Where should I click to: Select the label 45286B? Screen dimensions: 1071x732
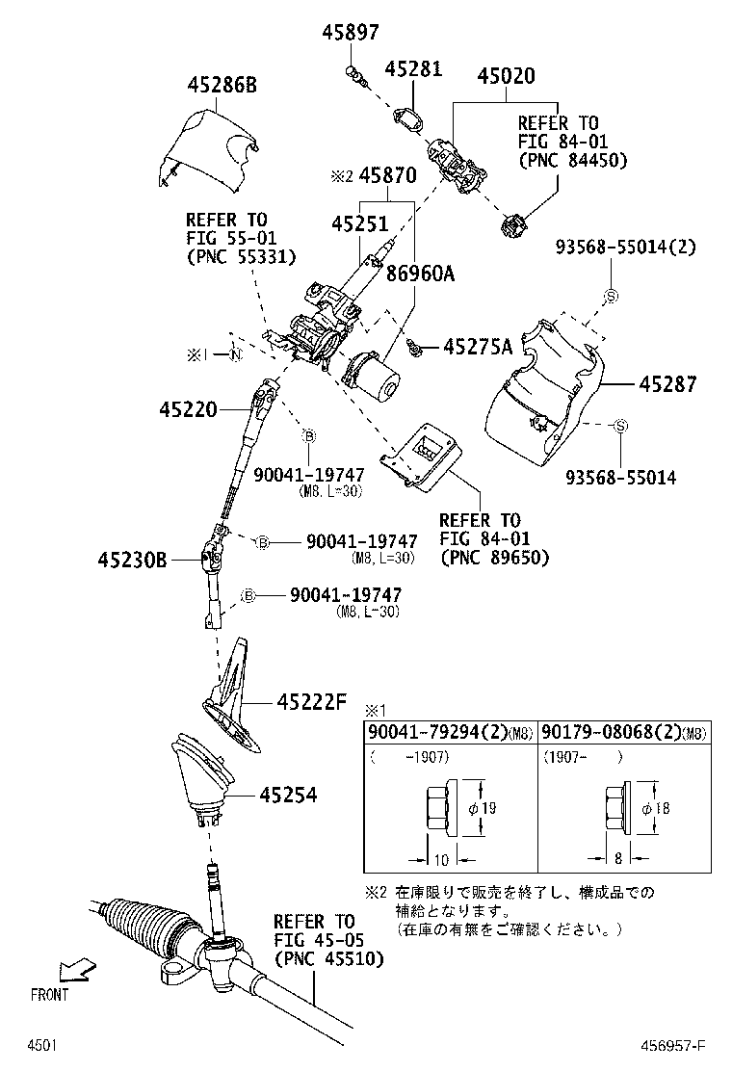click(x=222, y=86)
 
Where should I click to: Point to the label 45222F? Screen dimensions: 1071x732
click(x=311, y=702)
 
